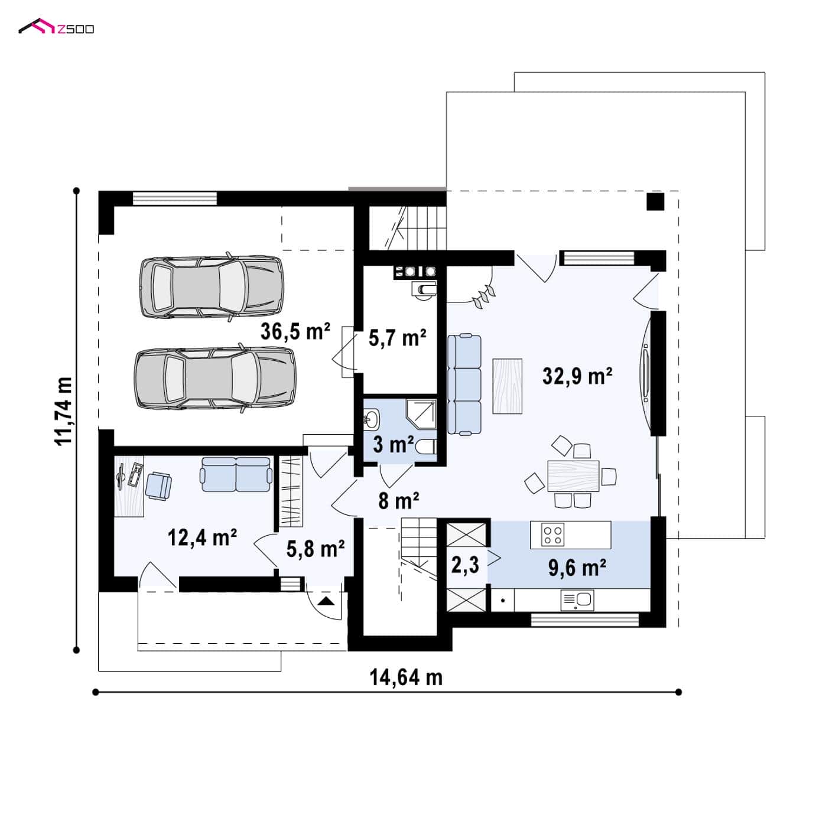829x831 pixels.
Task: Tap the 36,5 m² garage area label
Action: tap(295, 331)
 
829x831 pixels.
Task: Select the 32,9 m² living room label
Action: tap(577, 376)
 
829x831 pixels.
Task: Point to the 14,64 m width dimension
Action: tap(406, 677)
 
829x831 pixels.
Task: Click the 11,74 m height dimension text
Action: tap(63, 412)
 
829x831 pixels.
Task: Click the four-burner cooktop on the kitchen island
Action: tap(553, 535)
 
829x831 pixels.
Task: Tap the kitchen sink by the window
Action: tap(577, 600)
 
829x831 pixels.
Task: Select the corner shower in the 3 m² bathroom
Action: tap(421, 413)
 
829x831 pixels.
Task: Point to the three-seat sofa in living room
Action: tap(464, 384)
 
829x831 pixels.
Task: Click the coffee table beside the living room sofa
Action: tap(507, 386)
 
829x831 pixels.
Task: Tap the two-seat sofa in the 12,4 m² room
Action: tap(236, 474)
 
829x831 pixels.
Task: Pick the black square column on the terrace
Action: tap(655, 201)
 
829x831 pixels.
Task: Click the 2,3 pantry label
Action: tap(465, 564)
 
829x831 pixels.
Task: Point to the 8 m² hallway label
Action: tap(398, 501)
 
